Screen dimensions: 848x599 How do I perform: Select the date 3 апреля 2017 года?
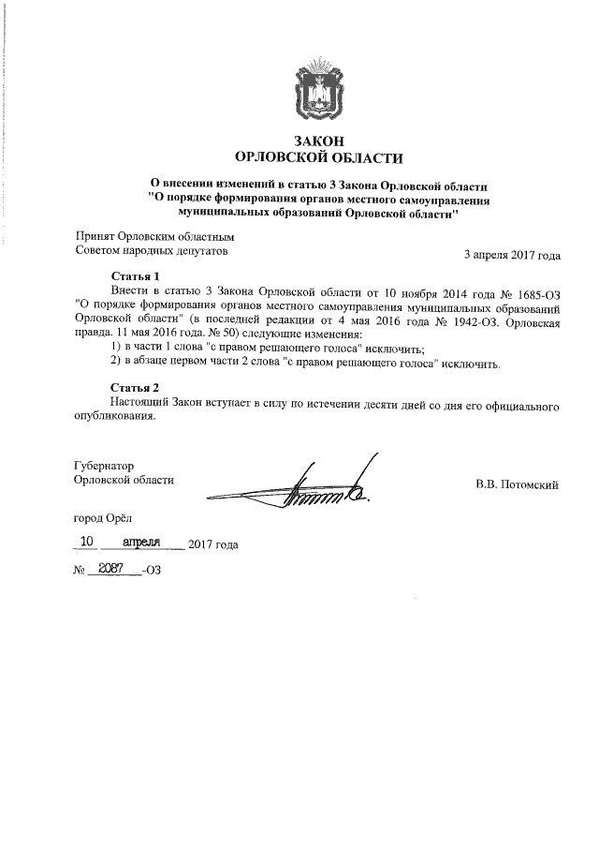pyautogui.click(x=512, y=253)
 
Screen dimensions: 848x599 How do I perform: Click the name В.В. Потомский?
pyautogui.click(x=518, y=484)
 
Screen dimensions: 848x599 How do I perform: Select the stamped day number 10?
pyautogui.click(x=87, y=542)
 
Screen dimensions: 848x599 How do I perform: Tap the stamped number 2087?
pyautogui.click(x=112, y=569)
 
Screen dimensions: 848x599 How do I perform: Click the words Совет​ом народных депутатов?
pyautogui.click(x=151, y=251)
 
